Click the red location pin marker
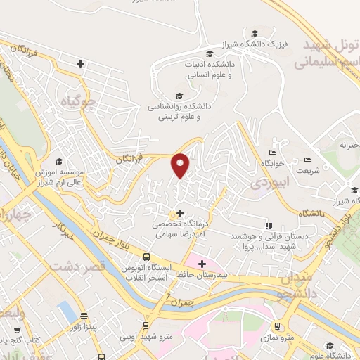tap(181, 165)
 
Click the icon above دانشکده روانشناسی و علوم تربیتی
tap(179, 96)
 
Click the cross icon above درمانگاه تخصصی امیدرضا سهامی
tap(181, 213)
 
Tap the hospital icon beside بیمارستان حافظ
tap(202, 264)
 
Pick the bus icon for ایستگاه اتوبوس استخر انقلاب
tap(146, 257)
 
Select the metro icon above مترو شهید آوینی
tap(146, 326)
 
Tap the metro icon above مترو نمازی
tap(278, 326)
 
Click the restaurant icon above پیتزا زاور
tap(84, 316)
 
